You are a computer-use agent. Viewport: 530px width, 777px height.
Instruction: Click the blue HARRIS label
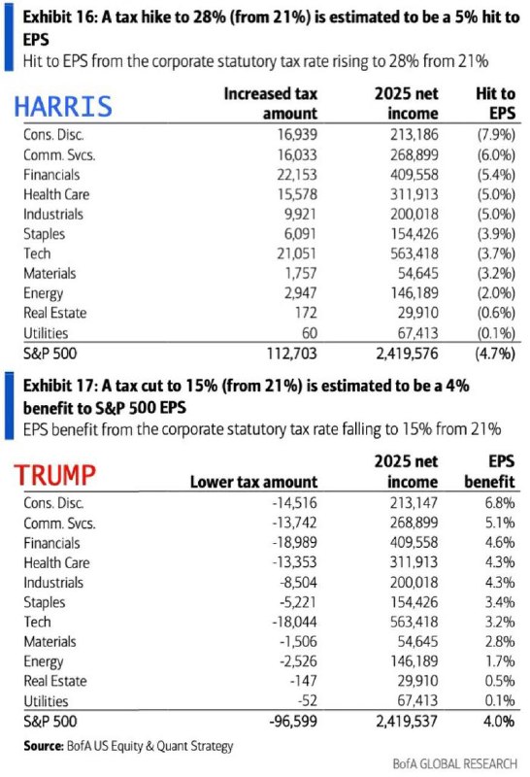(x=63, y=107)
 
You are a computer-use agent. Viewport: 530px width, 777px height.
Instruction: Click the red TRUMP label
(x=54, y=475)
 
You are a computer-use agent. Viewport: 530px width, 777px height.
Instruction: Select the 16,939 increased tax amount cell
(x=297, y=134)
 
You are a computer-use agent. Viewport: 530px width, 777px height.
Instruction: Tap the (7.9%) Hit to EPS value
(x=496, y=134)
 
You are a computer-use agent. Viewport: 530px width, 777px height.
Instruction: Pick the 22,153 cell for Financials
(x=297, y=175)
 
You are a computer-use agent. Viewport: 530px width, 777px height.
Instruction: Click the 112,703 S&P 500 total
(x=292, y=354)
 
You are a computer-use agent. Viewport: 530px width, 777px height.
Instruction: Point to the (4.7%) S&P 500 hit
(x=495, y=354)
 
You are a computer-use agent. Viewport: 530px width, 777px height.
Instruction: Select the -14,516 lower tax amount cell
(x=295, y=502)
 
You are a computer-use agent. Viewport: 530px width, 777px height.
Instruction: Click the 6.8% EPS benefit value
(x=500, y=502)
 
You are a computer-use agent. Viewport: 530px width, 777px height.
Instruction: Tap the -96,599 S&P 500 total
(x=293, y=721)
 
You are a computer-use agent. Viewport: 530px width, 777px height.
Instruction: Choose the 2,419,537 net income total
(x=407, y=721)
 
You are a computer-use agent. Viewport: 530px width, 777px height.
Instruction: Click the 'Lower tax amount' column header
(x=253, y=482)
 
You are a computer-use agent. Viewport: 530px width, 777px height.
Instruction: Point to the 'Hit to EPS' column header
(x=495, y=103)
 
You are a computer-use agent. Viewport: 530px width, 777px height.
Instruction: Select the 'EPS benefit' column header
(x=489, y=471)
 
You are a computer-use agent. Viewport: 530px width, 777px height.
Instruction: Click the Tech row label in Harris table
(x=37, y=253)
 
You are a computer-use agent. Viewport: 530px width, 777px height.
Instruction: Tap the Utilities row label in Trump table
(x=46, y=700)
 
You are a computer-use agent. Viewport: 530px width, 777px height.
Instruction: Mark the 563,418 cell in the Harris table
(x=414, y=253)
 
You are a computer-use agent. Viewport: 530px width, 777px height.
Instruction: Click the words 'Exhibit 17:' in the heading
(x=59, y=386)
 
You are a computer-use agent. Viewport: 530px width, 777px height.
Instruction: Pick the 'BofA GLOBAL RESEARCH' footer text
(x=454, y=763)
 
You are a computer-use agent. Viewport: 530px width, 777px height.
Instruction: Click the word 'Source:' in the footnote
(x=43, y=746)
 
